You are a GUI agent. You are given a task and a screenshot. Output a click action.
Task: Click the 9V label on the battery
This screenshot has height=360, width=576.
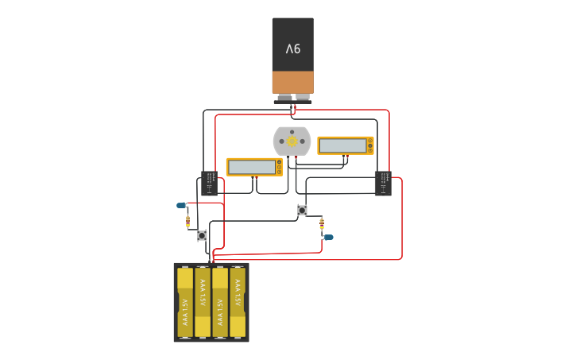tap(293, 48)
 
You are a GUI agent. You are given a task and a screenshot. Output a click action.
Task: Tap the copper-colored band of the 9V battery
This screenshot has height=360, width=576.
tap(292, 82)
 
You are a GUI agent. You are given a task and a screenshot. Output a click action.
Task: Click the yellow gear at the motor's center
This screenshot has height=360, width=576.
tap(292, 141)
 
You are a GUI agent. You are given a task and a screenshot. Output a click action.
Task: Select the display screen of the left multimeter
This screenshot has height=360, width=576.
tap(251, 167)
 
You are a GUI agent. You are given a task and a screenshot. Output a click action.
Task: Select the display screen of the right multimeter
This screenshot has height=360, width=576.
tap(342, 145)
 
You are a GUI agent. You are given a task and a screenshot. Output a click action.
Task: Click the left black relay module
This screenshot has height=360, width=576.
tap(210, 183)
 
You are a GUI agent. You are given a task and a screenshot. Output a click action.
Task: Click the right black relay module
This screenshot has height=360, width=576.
tap(383, 183)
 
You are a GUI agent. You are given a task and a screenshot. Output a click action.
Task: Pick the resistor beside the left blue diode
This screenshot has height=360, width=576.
tap(188, 222)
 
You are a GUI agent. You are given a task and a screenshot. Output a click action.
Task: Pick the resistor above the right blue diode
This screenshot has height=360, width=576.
tap(321, 223)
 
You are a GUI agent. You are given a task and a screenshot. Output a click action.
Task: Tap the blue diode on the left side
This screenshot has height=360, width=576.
tap(181, 205)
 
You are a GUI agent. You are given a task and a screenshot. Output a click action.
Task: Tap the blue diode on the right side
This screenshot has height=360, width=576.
tap(328, 237)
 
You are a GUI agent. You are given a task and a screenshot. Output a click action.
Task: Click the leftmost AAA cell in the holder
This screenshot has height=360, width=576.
tap(185, 302)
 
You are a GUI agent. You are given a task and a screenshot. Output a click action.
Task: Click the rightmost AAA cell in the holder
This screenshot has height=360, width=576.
tap(238, 302)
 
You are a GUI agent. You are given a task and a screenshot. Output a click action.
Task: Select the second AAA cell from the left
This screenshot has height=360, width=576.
tap(203, 302)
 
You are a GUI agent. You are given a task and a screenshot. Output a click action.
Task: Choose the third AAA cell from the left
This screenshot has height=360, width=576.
tap(220, 302)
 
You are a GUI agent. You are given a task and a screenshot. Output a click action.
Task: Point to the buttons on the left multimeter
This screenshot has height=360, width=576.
tap(279, 167)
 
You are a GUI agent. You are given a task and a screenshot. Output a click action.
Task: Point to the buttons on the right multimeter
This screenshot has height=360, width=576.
tap(370, 145)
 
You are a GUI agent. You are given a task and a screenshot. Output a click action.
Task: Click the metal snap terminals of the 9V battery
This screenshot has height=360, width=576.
tap(292, 99)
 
